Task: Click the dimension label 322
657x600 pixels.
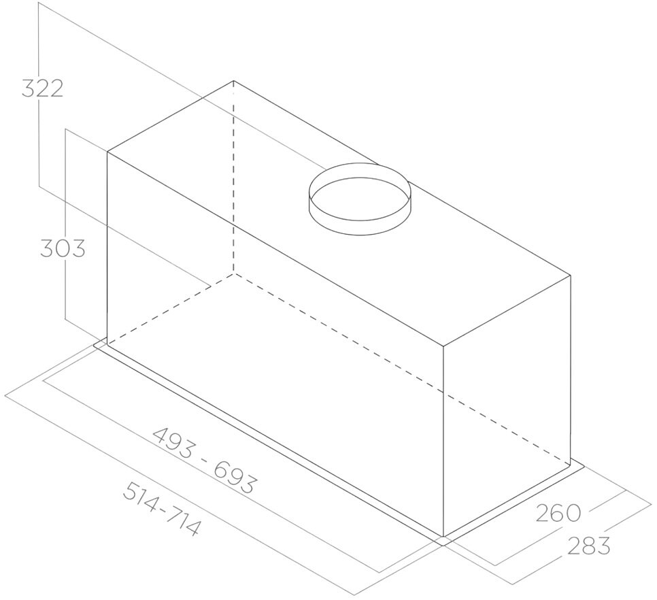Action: (42, 88)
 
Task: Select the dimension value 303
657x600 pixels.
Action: (63, 248)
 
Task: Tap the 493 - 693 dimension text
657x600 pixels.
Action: (203, 461)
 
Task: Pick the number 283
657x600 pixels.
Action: (589, 545)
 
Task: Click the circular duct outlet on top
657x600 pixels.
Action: (360, 199)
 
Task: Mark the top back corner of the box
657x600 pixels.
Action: (233, 80)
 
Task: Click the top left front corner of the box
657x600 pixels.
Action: (107, 152)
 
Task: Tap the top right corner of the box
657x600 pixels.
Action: (570, 276)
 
